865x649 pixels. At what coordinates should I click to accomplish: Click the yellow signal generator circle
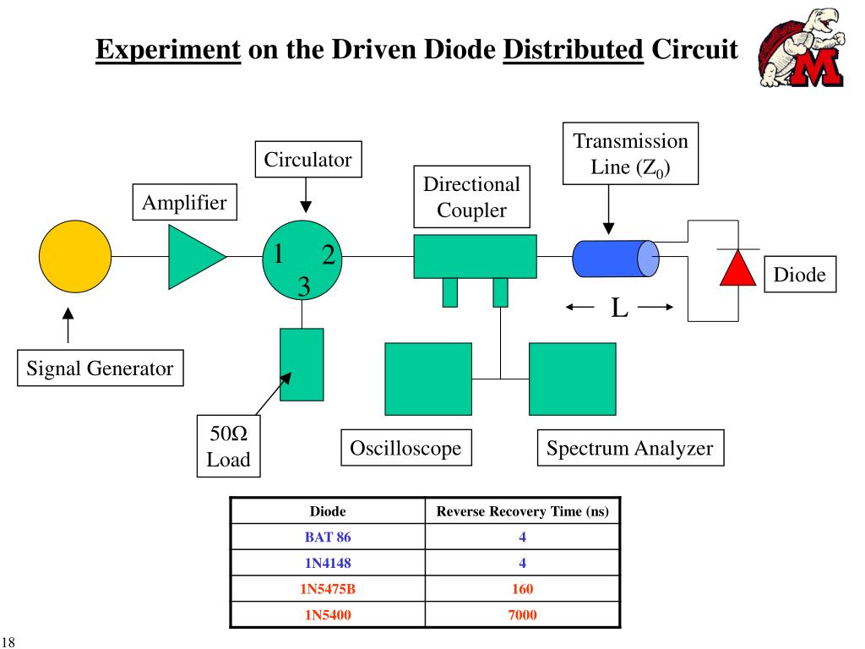coord(75,256)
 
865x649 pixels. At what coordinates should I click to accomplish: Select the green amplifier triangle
coord(194,256)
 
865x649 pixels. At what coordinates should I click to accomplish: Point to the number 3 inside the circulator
coord(303,287)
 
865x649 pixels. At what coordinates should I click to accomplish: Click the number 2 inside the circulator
coord(329,256)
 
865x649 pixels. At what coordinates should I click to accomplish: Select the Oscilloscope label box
coord(405,448)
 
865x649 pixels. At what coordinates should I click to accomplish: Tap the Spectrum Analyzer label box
coord(629,448)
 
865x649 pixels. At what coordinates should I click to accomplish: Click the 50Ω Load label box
coord(229,447)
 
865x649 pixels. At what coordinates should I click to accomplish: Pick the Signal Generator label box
coord(100,368)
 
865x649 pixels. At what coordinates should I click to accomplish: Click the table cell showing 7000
coord(522,614)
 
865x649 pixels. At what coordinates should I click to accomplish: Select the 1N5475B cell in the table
coord(329,588)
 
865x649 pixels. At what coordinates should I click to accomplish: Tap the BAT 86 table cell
coord(328,537)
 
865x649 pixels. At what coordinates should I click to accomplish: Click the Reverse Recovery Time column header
coord(522,511)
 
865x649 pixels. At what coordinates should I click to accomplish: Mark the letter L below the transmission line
coord(619,308)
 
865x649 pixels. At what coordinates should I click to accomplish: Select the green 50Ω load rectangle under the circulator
coord(302,363)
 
